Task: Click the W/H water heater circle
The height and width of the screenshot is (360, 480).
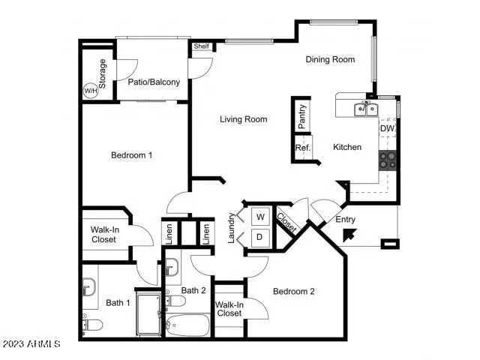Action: (x=90, y=91)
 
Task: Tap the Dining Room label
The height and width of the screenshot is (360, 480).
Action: (x=330, y=59)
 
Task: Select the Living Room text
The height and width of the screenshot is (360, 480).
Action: (x=243, y=119)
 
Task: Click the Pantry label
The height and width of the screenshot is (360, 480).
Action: (x=301, y=117)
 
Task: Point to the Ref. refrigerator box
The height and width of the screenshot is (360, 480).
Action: (x=302, y=148)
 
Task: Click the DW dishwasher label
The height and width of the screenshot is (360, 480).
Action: (x=387, y=128)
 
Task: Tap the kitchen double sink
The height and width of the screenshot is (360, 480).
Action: (x=366, y=109)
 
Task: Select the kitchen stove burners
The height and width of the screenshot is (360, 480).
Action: (x=388, y=158)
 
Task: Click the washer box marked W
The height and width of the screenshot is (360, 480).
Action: (x=260, y=217)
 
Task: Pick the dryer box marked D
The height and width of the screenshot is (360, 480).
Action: (x=260, y=237)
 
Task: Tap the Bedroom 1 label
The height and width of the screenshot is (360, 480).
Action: (x=132, y=155)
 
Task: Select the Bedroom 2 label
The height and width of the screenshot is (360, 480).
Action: (x=293, y=291)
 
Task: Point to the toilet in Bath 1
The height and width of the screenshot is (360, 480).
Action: (x=91, y=324)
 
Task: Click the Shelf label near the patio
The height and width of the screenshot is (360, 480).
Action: (x=201, y=46)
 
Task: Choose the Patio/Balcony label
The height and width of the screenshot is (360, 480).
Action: (x=154, y=82)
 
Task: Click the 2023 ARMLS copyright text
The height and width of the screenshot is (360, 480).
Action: (x=31, y=343)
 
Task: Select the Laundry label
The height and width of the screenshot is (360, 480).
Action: (x=231, y=228)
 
